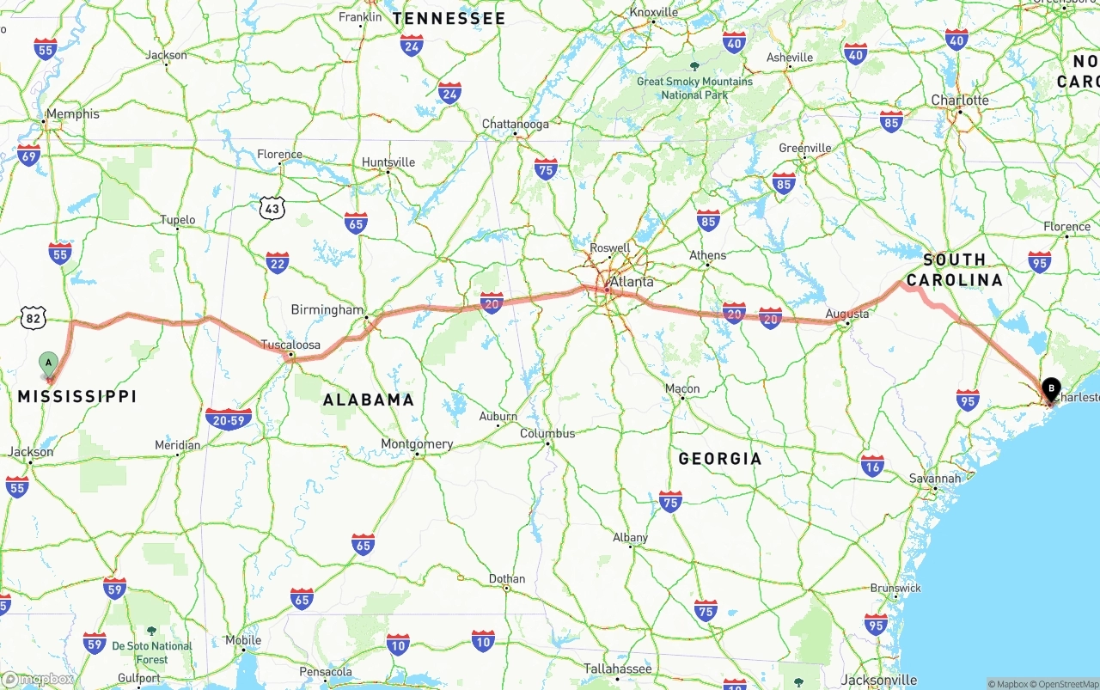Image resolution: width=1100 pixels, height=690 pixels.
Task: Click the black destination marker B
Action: tap(1050, 388)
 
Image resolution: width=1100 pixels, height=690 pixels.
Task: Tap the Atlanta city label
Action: tap(631, 282)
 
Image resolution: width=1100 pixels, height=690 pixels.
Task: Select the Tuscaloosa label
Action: tap(290, 345)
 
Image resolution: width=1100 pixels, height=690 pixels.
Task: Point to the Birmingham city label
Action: tap(327, 309)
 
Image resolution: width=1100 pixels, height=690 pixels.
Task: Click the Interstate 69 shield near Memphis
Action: tap(28, 156)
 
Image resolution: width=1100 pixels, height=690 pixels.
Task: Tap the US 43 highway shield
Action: tap(272, 207)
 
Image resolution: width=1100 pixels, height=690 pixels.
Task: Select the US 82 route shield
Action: tap(34, 318)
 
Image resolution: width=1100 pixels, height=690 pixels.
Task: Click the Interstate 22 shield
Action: tap(277, 262)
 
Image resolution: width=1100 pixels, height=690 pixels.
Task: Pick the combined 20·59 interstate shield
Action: tap(229, 418)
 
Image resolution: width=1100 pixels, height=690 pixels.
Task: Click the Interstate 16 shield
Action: tap(872, 466)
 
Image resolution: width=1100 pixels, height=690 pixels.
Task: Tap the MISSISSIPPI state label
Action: tap(77, 396)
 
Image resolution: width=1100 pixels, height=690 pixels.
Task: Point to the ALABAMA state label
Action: tap(368, 400)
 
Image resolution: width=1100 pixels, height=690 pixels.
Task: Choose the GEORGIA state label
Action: tap(720, 459)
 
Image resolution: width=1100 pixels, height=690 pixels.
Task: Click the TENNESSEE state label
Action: tap(449, 18)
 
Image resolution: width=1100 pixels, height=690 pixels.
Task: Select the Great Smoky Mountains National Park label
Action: tap(694, 88)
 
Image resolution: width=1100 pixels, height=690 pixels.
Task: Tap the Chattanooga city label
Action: tap(515, 125)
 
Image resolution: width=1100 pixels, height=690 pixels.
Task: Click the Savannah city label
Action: tap(935, 479)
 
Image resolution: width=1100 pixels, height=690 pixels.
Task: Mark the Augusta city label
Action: tap(846, 314)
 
